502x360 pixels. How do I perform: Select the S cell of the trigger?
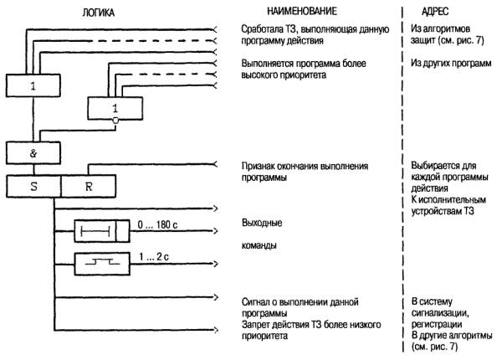(x=33, y=187)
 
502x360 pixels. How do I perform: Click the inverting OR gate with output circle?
(x=115, y=109)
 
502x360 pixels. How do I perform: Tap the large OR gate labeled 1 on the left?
(x=32, y=85)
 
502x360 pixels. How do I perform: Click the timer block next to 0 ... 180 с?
(x=100, y=229)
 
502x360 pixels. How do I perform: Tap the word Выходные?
(x=260, y=224)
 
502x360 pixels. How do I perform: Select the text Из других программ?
(x=448, y=63)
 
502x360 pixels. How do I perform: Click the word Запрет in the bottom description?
(x=255, y=324)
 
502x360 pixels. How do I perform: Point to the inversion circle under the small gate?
(x=115, y=121)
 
